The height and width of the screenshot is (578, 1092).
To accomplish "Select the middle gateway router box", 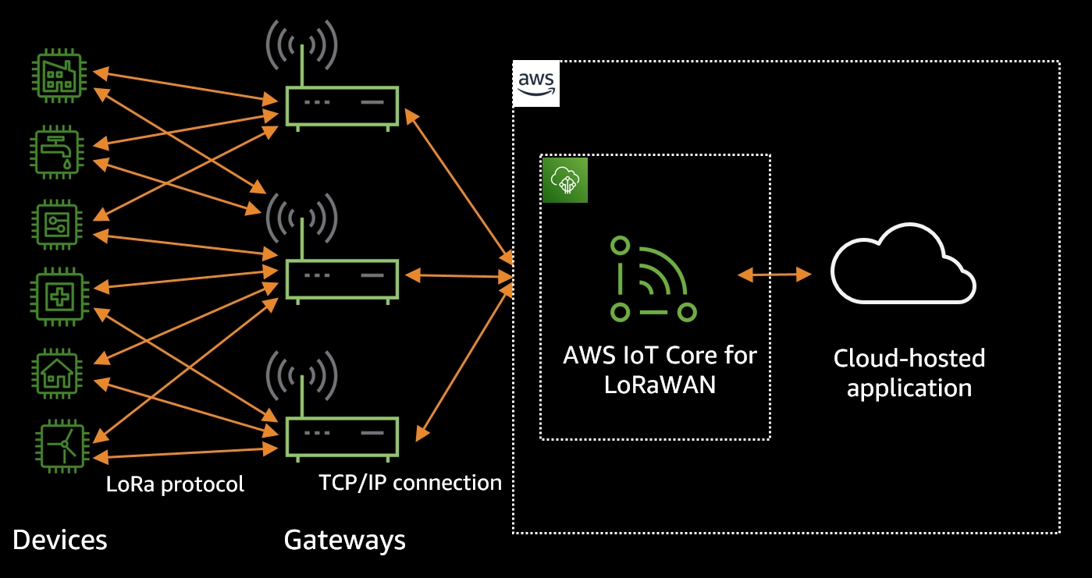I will click(x=342, y=277).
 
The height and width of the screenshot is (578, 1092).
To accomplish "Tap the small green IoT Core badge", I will click(x=564, y=180).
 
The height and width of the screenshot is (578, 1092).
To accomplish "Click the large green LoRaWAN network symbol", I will click(x=653, y=278).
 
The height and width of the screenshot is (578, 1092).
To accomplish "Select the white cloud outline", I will click(x=902, y=265).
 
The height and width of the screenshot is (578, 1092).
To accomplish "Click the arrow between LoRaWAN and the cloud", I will click(x=774, y=274).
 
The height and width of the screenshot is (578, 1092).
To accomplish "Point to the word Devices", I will click(x=60, y=540).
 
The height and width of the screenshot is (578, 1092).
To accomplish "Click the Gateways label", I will click(x=344, y=540).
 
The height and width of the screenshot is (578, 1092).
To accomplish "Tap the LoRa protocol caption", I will click(x=175, y=484).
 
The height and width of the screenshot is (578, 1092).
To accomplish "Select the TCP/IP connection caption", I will click(x=410, y=482).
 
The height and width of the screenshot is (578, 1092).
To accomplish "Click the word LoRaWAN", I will click(x=660, y=385).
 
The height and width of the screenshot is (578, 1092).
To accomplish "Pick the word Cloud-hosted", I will click(x=909, y=359).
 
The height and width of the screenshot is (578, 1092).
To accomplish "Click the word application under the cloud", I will click(x=909, y=388).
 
